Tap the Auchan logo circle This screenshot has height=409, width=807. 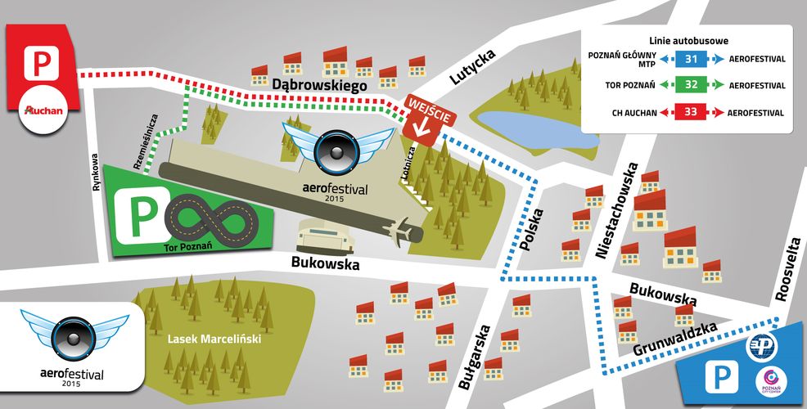click(44, 110)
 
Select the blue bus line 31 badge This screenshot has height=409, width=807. click(691, 59)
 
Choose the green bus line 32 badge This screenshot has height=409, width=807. click(691, 85)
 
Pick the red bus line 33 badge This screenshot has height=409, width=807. click(691, 112)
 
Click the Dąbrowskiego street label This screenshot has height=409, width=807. click(320, 84)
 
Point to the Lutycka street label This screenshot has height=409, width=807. click(472, 66)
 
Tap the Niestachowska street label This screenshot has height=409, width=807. click(617, 211)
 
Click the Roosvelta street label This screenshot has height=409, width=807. click(788, 270)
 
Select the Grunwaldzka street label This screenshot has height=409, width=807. click(674, 339)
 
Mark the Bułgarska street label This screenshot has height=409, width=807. click(475, 357)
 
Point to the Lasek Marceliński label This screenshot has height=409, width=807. click(214, 339)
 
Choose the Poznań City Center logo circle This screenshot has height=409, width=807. click(770, 384)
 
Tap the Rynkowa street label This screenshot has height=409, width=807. click(97, 173)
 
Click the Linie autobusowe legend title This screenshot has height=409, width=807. click(688, 41)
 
